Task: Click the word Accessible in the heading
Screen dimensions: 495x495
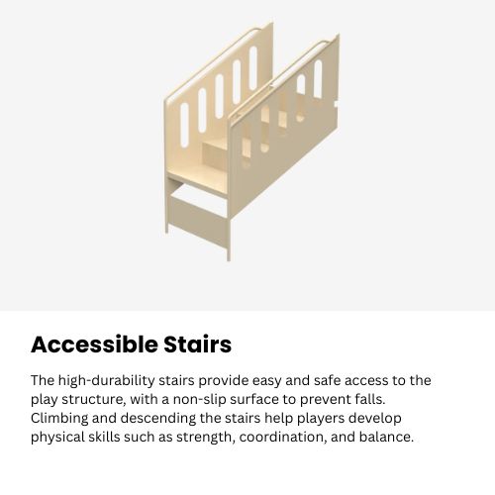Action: [x=93, y=345]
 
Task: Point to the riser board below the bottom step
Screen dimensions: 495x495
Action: [x=196, y=209]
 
